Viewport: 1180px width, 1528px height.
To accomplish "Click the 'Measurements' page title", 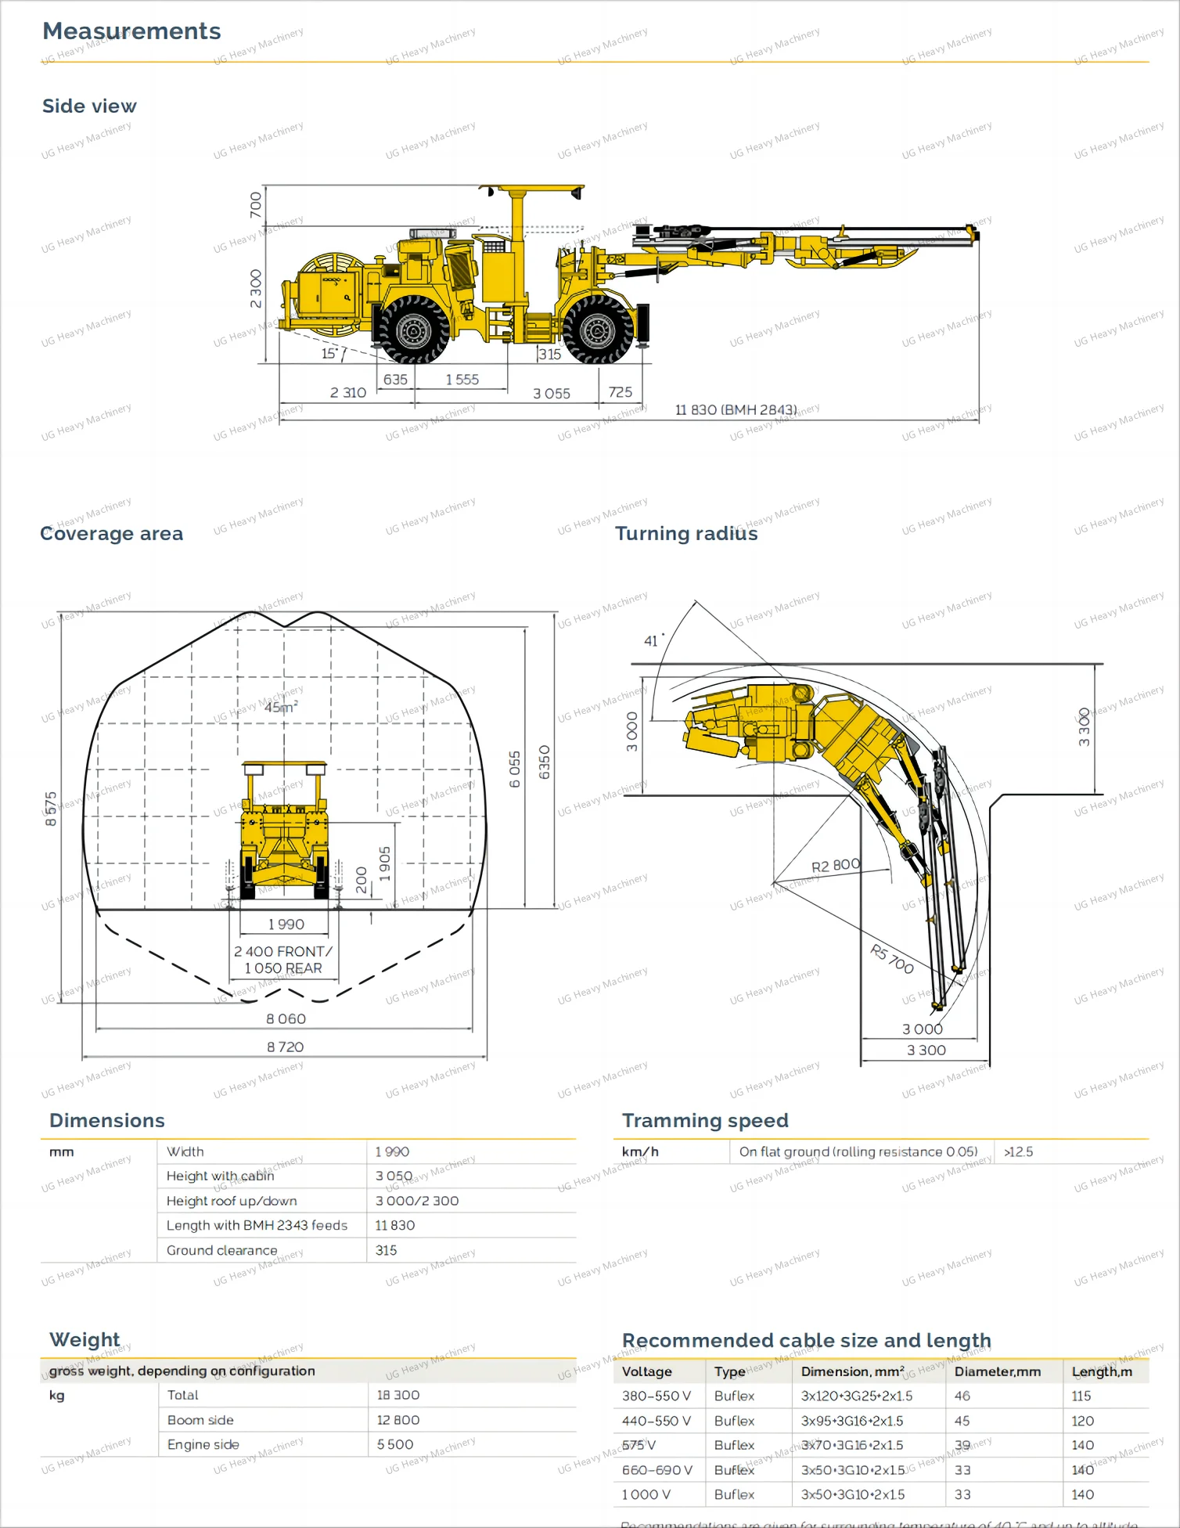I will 131,31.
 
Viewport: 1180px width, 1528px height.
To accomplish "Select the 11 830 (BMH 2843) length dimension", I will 736,409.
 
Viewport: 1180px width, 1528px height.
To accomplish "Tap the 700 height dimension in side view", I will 256,205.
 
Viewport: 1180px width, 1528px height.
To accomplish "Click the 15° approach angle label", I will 330,354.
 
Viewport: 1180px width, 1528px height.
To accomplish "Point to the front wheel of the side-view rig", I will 598,330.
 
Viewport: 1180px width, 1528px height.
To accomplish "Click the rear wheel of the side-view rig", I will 412,330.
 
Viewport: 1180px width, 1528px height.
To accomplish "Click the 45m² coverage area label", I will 281,707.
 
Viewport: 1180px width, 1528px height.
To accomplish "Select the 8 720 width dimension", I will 285,1047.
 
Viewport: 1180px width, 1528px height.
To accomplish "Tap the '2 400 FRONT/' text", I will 283,951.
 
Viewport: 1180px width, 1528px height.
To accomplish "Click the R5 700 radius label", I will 892,959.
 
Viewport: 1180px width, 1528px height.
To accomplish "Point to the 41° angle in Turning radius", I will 653,641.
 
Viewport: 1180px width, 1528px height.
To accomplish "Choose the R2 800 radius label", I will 835,866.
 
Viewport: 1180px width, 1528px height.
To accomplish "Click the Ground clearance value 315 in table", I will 386,1250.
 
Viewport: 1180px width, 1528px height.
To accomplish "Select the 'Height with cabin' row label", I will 220,1176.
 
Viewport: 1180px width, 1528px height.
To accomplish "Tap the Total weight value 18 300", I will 398,1395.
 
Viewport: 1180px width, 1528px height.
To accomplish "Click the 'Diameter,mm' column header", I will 997,1371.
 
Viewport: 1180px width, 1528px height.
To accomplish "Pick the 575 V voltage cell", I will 639,1445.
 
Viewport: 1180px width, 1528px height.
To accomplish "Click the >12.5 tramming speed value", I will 1018,1151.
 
